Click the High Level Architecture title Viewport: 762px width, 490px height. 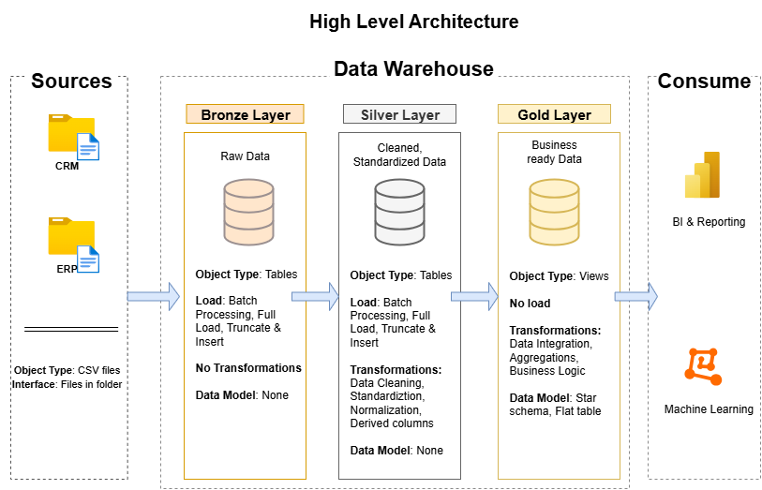click(x=413, y=21)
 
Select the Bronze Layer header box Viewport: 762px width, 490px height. click(x=246, y=114)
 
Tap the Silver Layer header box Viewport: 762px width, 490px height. click(x=400, y=114)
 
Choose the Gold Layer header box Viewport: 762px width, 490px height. click(x=554, y=114)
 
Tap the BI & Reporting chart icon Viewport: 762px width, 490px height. click(x=704, y=175)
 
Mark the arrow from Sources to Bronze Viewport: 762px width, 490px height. click(x=153, y=296)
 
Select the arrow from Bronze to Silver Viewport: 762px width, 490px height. click(x=315, y=296)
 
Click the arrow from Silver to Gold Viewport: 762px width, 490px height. click(x=475, y=296)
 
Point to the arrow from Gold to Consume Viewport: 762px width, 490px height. click(x=636, y=296)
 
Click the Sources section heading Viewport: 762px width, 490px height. click(x=71, y=82)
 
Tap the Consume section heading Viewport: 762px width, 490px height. click(x=704, y=82)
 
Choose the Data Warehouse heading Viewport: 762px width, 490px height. click(x=413, y=69)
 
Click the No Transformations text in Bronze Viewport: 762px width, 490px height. click(x=248, y=368)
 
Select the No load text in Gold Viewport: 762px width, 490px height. click(x=530, y=304)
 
